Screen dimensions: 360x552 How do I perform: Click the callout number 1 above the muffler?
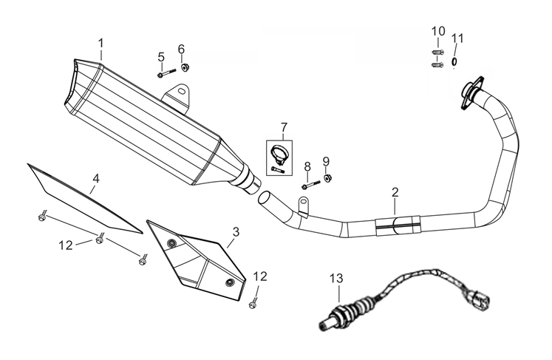tap(101, 43)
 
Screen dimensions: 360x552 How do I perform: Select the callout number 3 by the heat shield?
tap(235, 231)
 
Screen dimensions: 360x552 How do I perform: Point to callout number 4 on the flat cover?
tap(96, 178)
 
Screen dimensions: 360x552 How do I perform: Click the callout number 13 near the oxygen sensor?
tap(337, 278)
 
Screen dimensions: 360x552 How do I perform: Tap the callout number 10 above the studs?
tap(438, 31)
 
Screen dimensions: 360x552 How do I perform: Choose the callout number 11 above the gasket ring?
tap(457, 38)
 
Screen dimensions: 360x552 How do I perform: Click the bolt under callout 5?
tap(166, 73)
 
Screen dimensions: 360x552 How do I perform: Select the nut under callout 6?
tap(184, 70)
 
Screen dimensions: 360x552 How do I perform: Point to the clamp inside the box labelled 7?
tap(279, 153)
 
